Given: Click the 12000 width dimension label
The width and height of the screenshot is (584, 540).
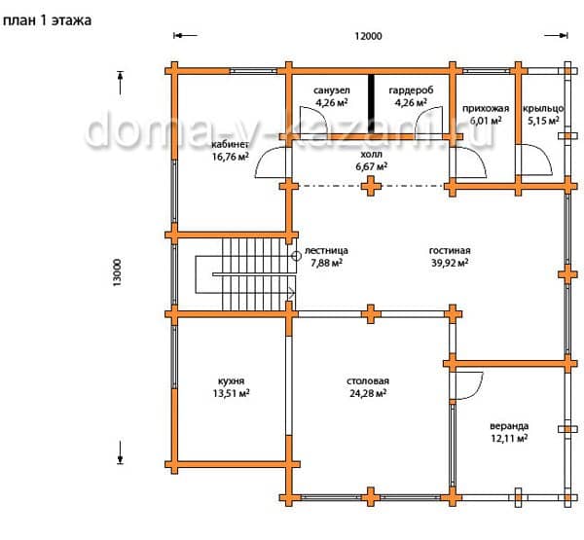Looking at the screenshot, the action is click(368, 36).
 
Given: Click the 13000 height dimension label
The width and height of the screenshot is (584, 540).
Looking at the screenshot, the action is click(117, 272).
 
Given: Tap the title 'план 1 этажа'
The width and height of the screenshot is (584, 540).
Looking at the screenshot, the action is click(47, 20).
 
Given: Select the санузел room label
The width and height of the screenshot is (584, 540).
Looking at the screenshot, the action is click(332, 90).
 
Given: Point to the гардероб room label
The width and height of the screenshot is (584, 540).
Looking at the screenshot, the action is click(411, 90).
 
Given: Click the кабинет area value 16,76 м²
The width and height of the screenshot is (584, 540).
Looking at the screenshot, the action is click(231, 157).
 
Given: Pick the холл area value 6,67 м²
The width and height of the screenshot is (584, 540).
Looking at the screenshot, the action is click(372, 166).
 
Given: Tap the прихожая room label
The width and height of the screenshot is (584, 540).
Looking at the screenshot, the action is click(486, 109).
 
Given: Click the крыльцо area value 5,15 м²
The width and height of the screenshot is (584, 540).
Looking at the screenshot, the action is click(543, 121).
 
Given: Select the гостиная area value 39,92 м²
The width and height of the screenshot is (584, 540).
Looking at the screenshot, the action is click(450, 263).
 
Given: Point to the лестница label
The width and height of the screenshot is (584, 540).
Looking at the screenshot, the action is click(327, 251).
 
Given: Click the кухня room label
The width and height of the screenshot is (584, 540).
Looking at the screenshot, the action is click(231, 381).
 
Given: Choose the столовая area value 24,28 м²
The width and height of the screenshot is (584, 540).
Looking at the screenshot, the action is click(368, 393).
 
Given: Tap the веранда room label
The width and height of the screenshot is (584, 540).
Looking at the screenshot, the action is click(509, 425).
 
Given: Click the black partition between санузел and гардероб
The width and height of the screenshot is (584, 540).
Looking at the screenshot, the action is click(371, 103).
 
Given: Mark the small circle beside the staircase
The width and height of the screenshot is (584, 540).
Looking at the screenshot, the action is click(297, 256).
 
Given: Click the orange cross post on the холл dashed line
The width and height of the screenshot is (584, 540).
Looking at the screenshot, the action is click(371, 186).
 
